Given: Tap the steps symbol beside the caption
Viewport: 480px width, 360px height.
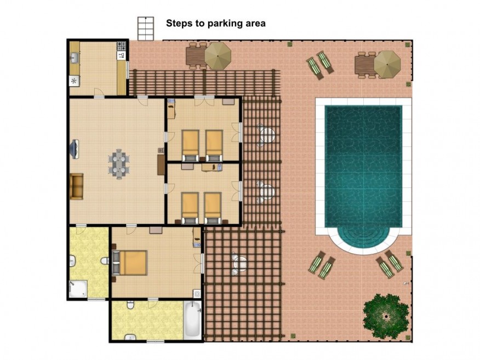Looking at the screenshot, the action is (145, 28).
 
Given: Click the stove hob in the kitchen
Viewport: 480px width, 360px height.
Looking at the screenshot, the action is (121, 46).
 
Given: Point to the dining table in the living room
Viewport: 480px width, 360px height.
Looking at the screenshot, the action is (119, 164).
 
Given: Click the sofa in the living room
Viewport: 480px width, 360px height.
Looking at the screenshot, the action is (77, 186).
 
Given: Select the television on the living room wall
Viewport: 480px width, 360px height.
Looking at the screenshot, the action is (75, 149).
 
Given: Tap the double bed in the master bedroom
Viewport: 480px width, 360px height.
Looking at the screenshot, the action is (130, 262).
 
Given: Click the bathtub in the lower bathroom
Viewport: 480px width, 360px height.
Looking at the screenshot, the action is (192, 320).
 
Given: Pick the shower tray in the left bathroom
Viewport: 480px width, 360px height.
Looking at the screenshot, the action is (78, 289).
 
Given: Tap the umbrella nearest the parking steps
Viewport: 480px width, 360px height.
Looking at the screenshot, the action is (218, 56).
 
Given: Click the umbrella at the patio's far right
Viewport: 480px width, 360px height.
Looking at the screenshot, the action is (387, 64).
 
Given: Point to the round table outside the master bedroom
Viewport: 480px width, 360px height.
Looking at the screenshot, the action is (239, 262).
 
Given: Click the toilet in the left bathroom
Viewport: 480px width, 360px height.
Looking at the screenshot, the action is (105, 260).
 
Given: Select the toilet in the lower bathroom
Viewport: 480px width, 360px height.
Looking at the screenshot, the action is (131, 305).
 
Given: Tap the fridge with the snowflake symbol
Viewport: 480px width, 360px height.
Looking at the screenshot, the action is (74, 81).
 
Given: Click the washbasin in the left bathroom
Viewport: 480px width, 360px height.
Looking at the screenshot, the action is (72, 261).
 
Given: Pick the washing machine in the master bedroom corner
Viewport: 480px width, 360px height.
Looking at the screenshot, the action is (197, 294).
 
